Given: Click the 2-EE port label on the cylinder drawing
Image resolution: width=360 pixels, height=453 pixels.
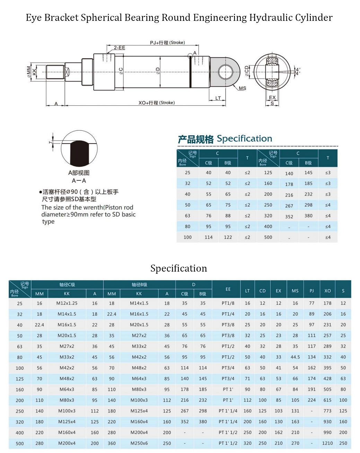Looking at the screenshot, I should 120,48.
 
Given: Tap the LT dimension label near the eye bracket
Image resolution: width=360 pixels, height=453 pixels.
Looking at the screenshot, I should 218,98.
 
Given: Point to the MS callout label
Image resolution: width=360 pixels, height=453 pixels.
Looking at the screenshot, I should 243,88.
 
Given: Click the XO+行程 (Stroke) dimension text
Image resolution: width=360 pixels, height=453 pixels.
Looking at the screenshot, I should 157,103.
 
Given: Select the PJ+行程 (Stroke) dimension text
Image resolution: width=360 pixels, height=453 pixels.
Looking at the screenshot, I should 167,43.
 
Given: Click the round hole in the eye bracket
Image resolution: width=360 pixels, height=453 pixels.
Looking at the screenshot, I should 225,71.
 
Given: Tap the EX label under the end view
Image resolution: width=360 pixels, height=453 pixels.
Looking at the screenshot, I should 272,98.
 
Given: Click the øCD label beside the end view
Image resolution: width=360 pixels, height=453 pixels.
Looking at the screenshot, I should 247,71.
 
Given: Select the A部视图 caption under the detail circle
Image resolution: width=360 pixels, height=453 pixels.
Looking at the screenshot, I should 79,173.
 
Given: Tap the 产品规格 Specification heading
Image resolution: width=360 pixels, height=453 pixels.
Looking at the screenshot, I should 225,139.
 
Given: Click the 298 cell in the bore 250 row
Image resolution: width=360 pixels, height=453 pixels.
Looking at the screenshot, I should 308,205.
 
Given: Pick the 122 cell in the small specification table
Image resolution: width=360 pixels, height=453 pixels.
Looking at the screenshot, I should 228,237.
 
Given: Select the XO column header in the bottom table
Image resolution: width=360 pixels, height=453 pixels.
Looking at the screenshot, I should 327,291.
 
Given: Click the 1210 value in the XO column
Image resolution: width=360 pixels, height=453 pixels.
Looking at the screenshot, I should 327,443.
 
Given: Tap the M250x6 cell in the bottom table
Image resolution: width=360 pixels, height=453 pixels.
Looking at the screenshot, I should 139,443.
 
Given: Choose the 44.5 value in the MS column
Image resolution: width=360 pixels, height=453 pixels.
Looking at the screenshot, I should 295,357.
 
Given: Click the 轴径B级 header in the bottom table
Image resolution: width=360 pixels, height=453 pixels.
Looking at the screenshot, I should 139,285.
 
